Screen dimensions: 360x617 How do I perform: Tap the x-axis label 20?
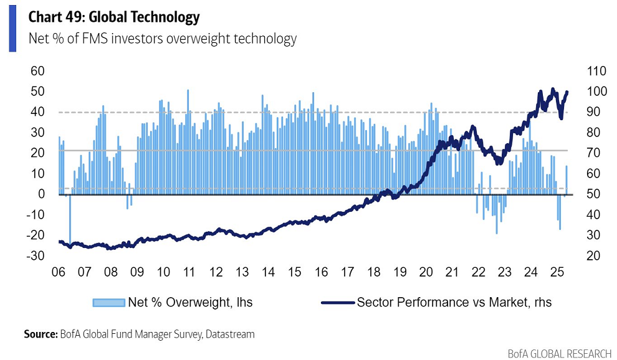click(x=426, y=272)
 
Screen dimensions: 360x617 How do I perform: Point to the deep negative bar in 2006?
click(x=70, y=218)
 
